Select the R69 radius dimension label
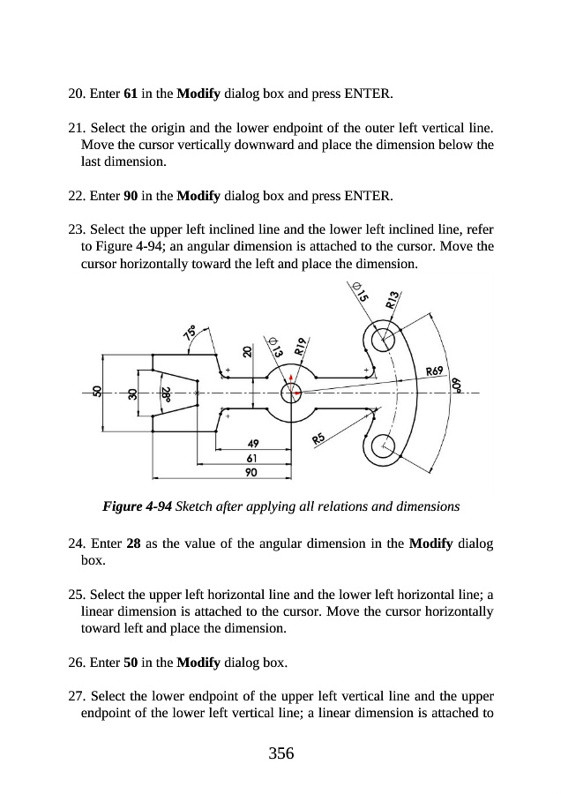[434, 371]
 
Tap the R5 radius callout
[319, 437]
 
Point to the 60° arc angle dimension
[457, 385]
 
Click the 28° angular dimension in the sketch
[165, 394]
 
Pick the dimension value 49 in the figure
[252, 444]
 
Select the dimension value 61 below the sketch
[252, 458]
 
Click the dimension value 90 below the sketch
[252, 472]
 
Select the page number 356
[280, 753]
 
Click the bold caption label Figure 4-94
[138, 507]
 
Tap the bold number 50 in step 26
[127, 662]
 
